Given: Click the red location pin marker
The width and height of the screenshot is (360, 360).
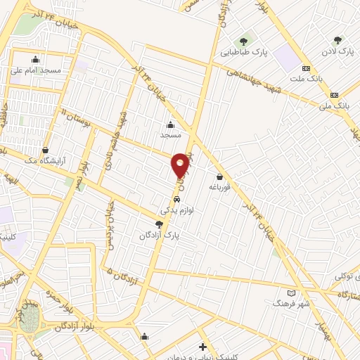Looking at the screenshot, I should pyautogui.click(x=180, y=165).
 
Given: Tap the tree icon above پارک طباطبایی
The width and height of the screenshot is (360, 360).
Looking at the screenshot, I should pyautogui.click(x=243, y=41).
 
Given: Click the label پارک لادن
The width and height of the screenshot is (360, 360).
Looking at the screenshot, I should pyautogui.click(x=337, y=52).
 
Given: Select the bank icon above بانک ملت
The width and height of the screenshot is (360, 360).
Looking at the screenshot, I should pyautogui.click(x=306, y=68).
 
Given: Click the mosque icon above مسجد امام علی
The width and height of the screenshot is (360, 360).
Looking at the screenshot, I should pyautogui.click(x=35, y=59).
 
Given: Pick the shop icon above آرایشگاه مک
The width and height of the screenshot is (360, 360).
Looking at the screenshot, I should pyautogui.click(x=46, y=149).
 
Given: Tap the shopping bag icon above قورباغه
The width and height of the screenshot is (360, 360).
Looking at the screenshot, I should pyautogui.click(x=221, y=177).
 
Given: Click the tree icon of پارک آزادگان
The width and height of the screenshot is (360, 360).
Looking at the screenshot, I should pyautogui.click(x=160, y=224).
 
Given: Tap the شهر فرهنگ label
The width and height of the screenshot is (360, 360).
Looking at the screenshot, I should pyautogui.click(x=292, y=304).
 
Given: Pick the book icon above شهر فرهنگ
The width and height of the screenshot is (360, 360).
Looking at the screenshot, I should pyautogui.click(x=292, y=292).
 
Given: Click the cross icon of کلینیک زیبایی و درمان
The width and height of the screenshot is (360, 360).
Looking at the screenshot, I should pyautogui.click(x=202, y=347).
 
